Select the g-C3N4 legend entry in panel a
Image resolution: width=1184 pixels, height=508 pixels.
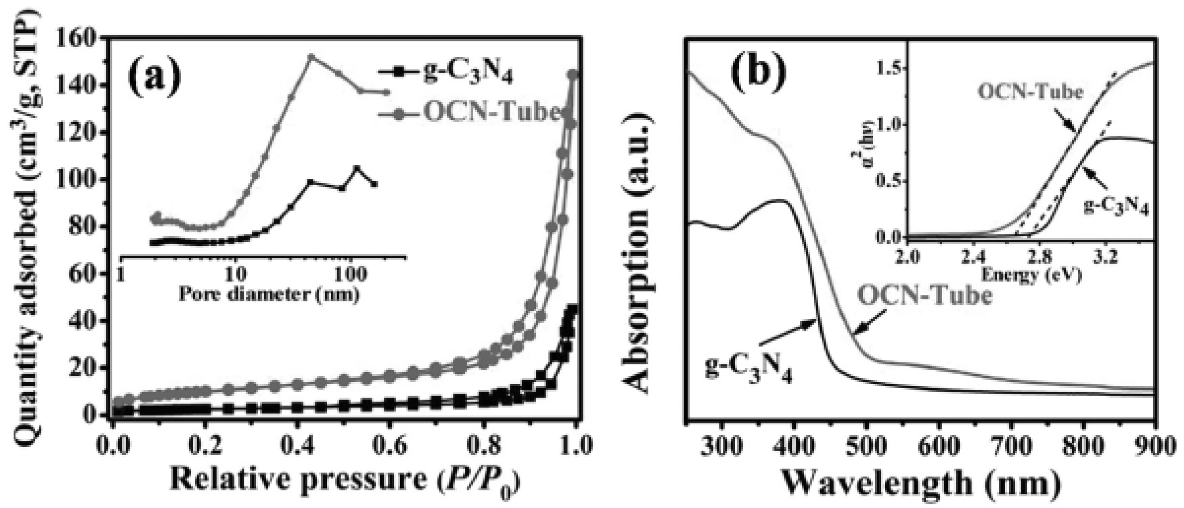(x=467, y=74)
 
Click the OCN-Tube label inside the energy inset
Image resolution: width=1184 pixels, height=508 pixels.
(x=1030, y=92)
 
